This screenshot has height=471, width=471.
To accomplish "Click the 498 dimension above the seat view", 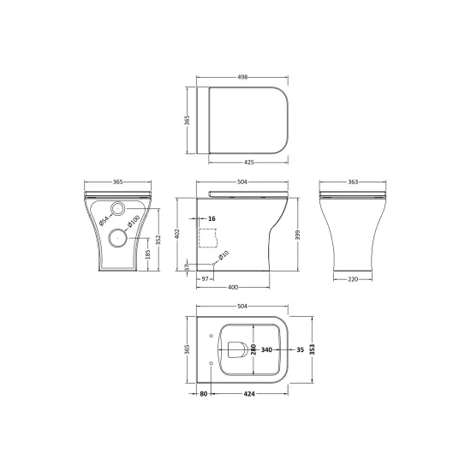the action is pos(242,77).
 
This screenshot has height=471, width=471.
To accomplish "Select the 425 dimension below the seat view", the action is pos(249,162).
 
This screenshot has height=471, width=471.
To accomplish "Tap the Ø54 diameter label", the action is pos(104,221).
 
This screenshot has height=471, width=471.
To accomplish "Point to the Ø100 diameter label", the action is pos(133,222).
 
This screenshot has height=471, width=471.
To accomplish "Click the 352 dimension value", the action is pos(158,240).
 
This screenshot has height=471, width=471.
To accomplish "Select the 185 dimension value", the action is pos(147,254).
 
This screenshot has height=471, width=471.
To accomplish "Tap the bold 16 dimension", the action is pos(212,218).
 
